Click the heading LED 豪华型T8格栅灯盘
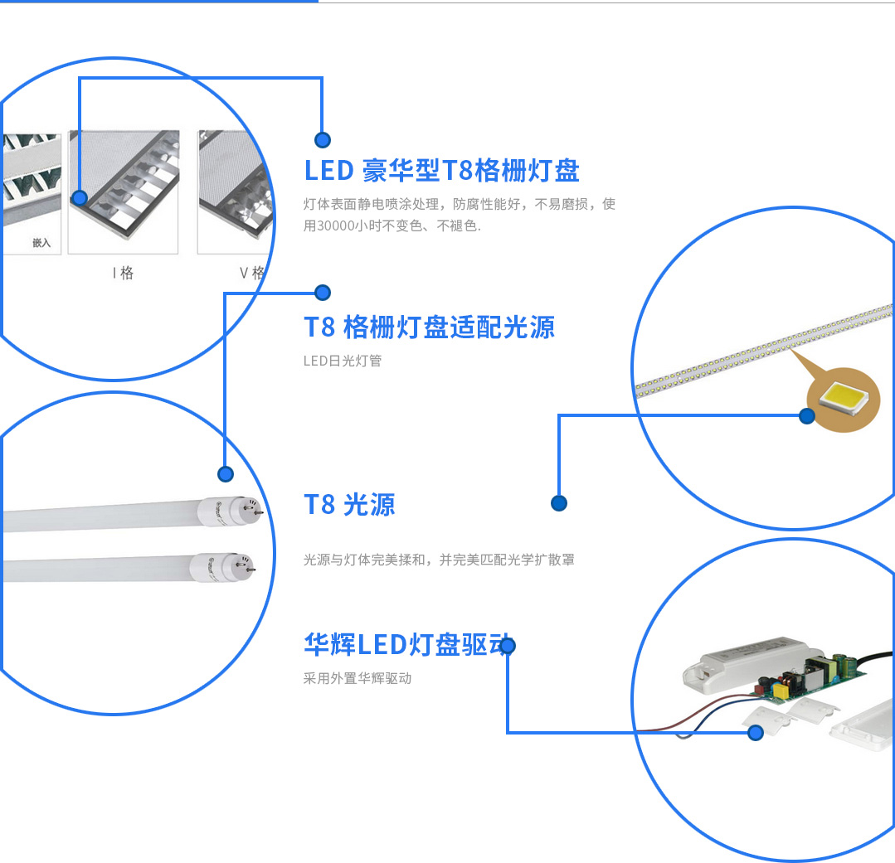pos(441,171)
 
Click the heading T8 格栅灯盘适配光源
pos(429,327)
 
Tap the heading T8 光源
pos(349,504)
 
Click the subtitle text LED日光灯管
pos(342,361)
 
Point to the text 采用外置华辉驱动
pos(357,678)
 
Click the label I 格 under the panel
pos(123,273)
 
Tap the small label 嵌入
pos(41,243)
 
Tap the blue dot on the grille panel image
pos(80,198)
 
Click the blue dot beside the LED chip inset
pos(806,416)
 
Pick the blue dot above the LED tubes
pos(225,474)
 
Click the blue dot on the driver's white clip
pos(755,733)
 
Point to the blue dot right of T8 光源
pos(558,503)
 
